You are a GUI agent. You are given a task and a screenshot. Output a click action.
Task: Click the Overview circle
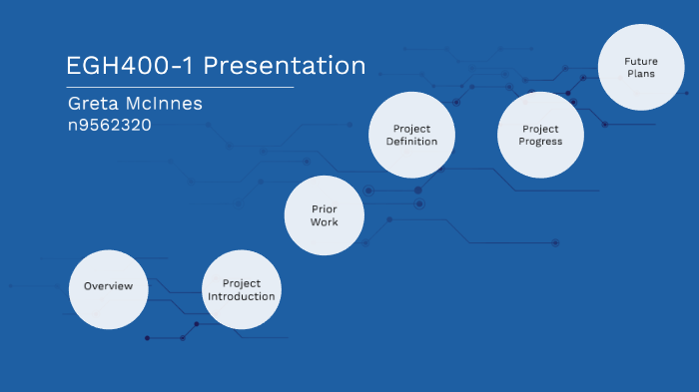point(108,288)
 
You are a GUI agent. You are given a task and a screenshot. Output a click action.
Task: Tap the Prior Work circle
point(324,215)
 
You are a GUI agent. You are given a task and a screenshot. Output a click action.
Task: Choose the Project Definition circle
point(411,135)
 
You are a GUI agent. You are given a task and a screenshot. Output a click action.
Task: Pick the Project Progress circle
point(540,135)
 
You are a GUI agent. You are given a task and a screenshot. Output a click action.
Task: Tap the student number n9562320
point(109,126)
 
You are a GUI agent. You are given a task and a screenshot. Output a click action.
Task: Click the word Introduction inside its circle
point(242,296)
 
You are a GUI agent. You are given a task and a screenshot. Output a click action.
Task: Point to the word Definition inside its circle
point(413,142)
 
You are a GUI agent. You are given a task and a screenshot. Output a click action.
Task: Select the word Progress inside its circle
point(540,142)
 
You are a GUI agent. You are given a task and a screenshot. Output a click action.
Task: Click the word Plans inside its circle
point(635,74)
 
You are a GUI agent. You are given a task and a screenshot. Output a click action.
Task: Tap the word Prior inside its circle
point(324,208)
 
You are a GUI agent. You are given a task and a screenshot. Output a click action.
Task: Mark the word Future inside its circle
point(635,61)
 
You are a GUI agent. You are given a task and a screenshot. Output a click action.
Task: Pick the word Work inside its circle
point(324,221)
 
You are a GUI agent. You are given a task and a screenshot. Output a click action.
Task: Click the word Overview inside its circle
point(108,286)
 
